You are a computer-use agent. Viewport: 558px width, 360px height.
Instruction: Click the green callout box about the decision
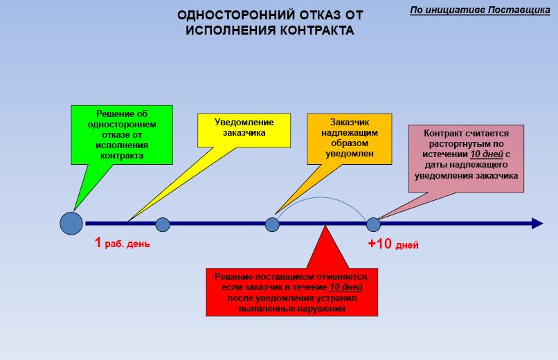point(122,136)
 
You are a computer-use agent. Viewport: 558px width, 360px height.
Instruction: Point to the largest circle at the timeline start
point(71,223)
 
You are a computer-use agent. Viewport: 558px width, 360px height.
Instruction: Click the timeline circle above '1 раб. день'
point(163,224)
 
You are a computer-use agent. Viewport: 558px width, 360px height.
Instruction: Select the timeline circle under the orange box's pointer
point(272,224)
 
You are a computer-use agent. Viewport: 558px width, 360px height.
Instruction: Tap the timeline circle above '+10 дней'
point(373,224)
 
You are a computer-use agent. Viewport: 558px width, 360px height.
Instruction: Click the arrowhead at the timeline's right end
point(537,223)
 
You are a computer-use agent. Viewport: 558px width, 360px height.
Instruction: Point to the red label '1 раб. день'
point(122,244)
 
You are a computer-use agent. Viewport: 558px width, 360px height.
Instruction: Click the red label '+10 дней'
point(393,244)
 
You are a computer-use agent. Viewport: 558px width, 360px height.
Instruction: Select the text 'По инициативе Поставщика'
point(475,10)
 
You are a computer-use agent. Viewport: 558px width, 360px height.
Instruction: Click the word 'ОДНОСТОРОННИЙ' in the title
point(235,15)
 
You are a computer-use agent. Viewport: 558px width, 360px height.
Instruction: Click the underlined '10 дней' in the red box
point(345,287)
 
